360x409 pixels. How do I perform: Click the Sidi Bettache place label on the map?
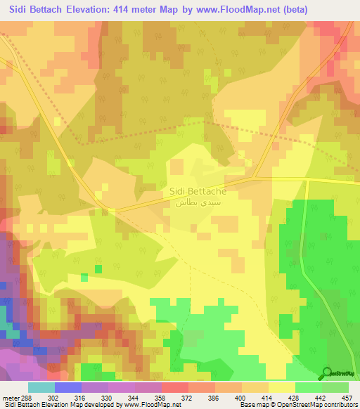[197, 191]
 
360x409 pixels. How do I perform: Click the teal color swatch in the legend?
[41, 388]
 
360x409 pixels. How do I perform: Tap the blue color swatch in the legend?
[67, 388]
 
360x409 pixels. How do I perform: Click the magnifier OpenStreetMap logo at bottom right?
[327, 372]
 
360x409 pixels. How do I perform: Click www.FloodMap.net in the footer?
[148, 405]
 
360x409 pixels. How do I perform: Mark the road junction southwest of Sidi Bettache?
[114, 209]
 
